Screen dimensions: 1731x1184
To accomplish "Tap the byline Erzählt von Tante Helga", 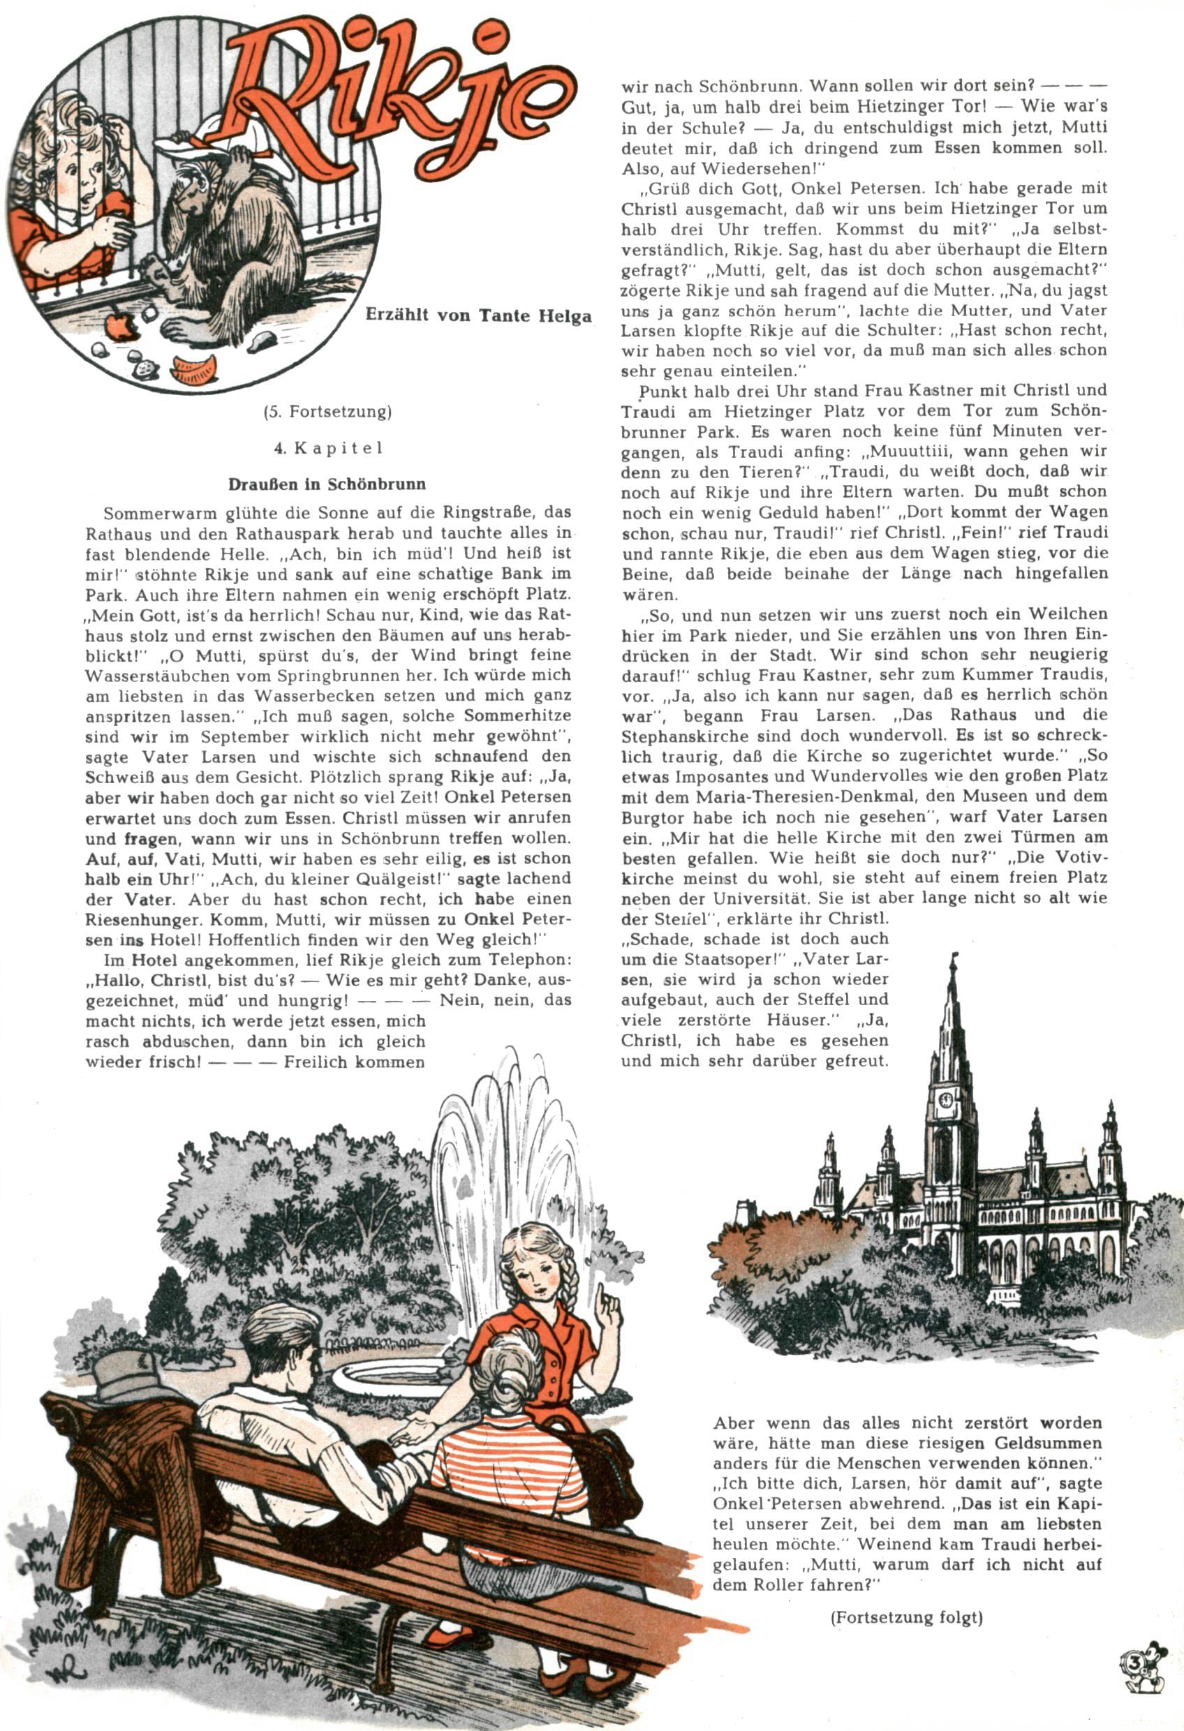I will click(x=478, y=315).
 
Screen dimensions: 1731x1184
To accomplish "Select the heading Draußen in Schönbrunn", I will click(x=327, y=484).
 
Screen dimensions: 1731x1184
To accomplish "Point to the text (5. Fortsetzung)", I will click(x=327, y=411).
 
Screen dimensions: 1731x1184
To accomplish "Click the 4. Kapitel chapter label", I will click(x=327, y=448).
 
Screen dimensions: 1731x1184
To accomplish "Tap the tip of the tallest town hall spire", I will click(x=951, y=957).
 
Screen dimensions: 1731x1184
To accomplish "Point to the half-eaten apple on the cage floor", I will click(x=119, y=325).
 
